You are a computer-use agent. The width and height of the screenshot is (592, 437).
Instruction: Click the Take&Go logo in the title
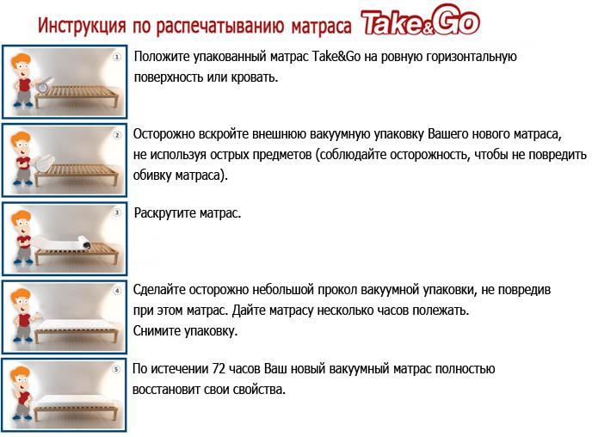tap(420, 20)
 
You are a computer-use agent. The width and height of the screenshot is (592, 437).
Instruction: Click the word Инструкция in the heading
tap(82, 26)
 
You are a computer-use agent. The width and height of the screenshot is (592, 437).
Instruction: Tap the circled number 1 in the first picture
tap(117, 57)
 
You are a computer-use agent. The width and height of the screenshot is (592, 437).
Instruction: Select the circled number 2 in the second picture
tap(117, 135)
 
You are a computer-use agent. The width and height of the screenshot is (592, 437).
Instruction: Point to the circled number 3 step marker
tap(117, 212)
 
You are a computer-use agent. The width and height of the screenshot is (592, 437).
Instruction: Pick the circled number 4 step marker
tap(117, 291)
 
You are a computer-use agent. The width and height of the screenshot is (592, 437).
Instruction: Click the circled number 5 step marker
tap(116, 369)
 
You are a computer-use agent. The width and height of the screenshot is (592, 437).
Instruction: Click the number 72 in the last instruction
tap(219, 369)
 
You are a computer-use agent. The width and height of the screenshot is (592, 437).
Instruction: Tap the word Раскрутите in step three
tap(165, 213)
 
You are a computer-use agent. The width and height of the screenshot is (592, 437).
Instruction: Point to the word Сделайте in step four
tap(159, 290)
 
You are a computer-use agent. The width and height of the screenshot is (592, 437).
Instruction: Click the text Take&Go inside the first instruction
tap(336, 57)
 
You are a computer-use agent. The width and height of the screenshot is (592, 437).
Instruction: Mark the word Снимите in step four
tap(157, 331)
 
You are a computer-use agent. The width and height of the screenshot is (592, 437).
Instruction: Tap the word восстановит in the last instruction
tap(166, 390)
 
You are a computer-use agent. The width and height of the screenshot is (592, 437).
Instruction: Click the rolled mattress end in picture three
tap(84, 243)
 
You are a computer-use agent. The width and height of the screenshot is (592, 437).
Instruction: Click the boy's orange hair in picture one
tap(21, 60)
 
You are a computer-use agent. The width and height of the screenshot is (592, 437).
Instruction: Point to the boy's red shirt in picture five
tap(24, 398)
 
